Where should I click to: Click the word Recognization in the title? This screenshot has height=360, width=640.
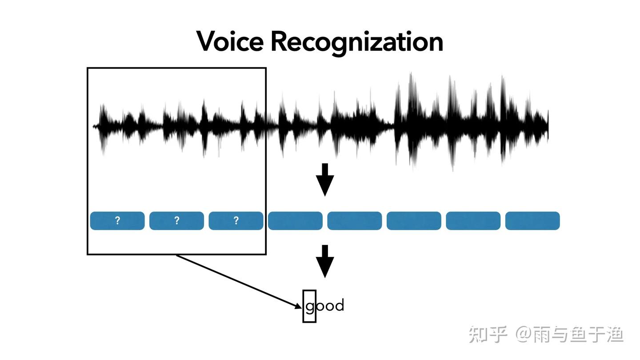click(x=356, y=42)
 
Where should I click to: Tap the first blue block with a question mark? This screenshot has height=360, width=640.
click(x=117, y=221)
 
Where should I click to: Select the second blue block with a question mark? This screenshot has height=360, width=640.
click(x=176, y=221)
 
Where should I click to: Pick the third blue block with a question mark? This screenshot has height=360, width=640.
click(x=236, y=221)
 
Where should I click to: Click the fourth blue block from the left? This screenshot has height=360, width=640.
click(x=295, y=221)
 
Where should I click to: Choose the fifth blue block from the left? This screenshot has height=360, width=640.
click(x=355, y=221)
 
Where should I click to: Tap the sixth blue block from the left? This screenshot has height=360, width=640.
click(x=414, y=221)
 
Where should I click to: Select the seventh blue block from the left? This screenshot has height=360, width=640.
click(x=473, y=221)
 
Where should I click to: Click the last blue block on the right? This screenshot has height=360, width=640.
click(x=532, y=221)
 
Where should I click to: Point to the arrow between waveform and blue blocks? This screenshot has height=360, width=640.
click(x=325, y=179)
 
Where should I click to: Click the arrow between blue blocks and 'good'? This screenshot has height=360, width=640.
click(x=325, y=261)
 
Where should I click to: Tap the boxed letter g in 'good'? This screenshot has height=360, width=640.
click(x=310, y=306)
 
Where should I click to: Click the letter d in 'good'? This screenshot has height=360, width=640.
click(x=339, y=305)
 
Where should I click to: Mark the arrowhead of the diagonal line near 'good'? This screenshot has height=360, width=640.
click(x=299, y=306)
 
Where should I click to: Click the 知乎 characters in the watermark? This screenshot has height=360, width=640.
click(x=488, y=334)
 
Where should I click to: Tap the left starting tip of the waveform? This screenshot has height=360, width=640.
click(x=94, y=127)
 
